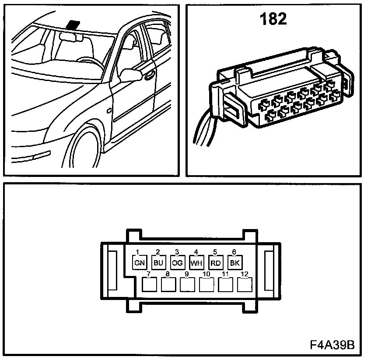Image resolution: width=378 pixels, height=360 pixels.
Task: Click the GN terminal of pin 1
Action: [x=139, y=263]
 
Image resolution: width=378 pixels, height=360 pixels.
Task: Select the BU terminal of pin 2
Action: [x=158, y=263]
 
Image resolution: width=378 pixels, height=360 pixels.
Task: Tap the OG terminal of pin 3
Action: [x=177, y=263]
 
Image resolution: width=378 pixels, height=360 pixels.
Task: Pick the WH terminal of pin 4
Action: [x=196, y=263]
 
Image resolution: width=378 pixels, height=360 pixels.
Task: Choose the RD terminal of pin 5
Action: [x=215, y=263]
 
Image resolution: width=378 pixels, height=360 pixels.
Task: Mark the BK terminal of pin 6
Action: [x=234, y=263]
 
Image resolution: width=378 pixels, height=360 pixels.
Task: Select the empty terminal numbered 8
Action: [x=169, y=285]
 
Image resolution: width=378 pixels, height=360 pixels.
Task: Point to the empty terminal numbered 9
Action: [x=188, y=285]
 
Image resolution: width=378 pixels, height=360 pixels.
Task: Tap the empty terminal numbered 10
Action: [x=206, y=285]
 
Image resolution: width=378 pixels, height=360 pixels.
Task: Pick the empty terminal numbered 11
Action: [x=225, y=285]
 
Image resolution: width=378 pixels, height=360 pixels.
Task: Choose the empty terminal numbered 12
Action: [x=244, y=285]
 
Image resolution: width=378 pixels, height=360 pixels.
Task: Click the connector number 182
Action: [x=273, y=19]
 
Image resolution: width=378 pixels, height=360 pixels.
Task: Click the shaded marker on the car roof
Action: [x=73, y=24]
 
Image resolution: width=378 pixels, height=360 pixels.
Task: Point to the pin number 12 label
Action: [x=245, y=274]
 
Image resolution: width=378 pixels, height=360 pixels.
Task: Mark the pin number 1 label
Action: [x=137, y=252]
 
